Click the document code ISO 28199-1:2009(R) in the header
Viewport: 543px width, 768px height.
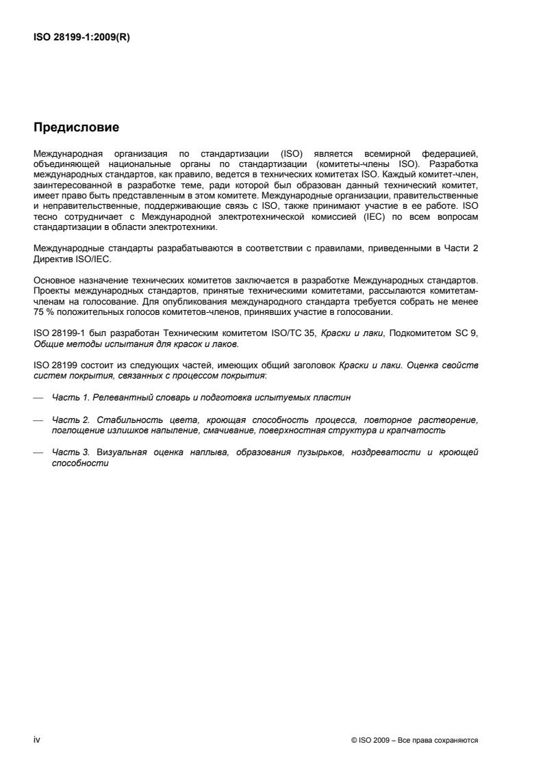81,38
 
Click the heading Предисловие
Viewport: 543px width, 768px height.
77,127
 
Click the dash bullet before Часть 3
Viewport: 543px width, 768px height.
38,452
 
